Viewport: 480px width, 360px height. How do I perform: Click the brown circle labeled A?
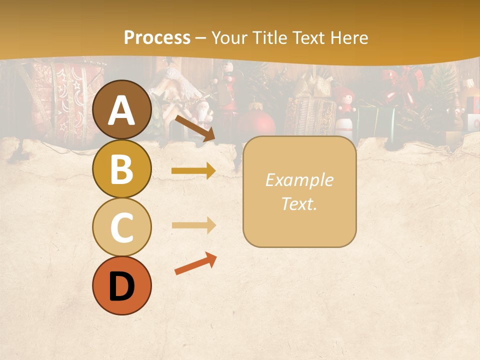tap(122, 110)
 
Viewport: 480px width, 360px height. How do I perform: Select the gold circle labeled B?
tap(122, 169)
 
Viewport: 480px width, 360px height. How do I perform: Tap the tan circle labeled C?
tap(122, 227)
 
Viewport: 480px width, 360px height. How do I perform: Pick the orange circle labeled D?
tap(122, 285)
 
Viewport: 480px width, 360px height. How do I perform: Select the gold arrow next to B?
tap(193, 171)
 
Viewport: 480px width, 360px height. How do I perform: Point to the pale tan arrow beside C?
tap(193, 225)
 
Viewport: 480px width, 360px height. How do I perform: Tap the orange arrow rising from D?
tap(195, 264)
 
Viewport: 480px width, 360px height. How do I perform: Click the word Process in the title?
tap(157, 37)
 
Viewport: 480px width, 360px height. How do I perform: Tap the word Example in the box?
tap(299, 180)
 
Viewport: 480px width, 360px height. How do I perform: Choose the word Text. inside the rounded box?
tap(299, 203)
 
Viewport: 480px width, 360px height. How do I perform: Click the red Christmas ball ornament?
tap(257, 122)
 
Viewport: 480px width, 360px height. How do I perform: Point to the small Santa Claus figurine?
tap(203, 113)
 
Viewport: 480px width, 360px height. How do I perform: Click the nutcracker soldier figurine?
tap(229, 87)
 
